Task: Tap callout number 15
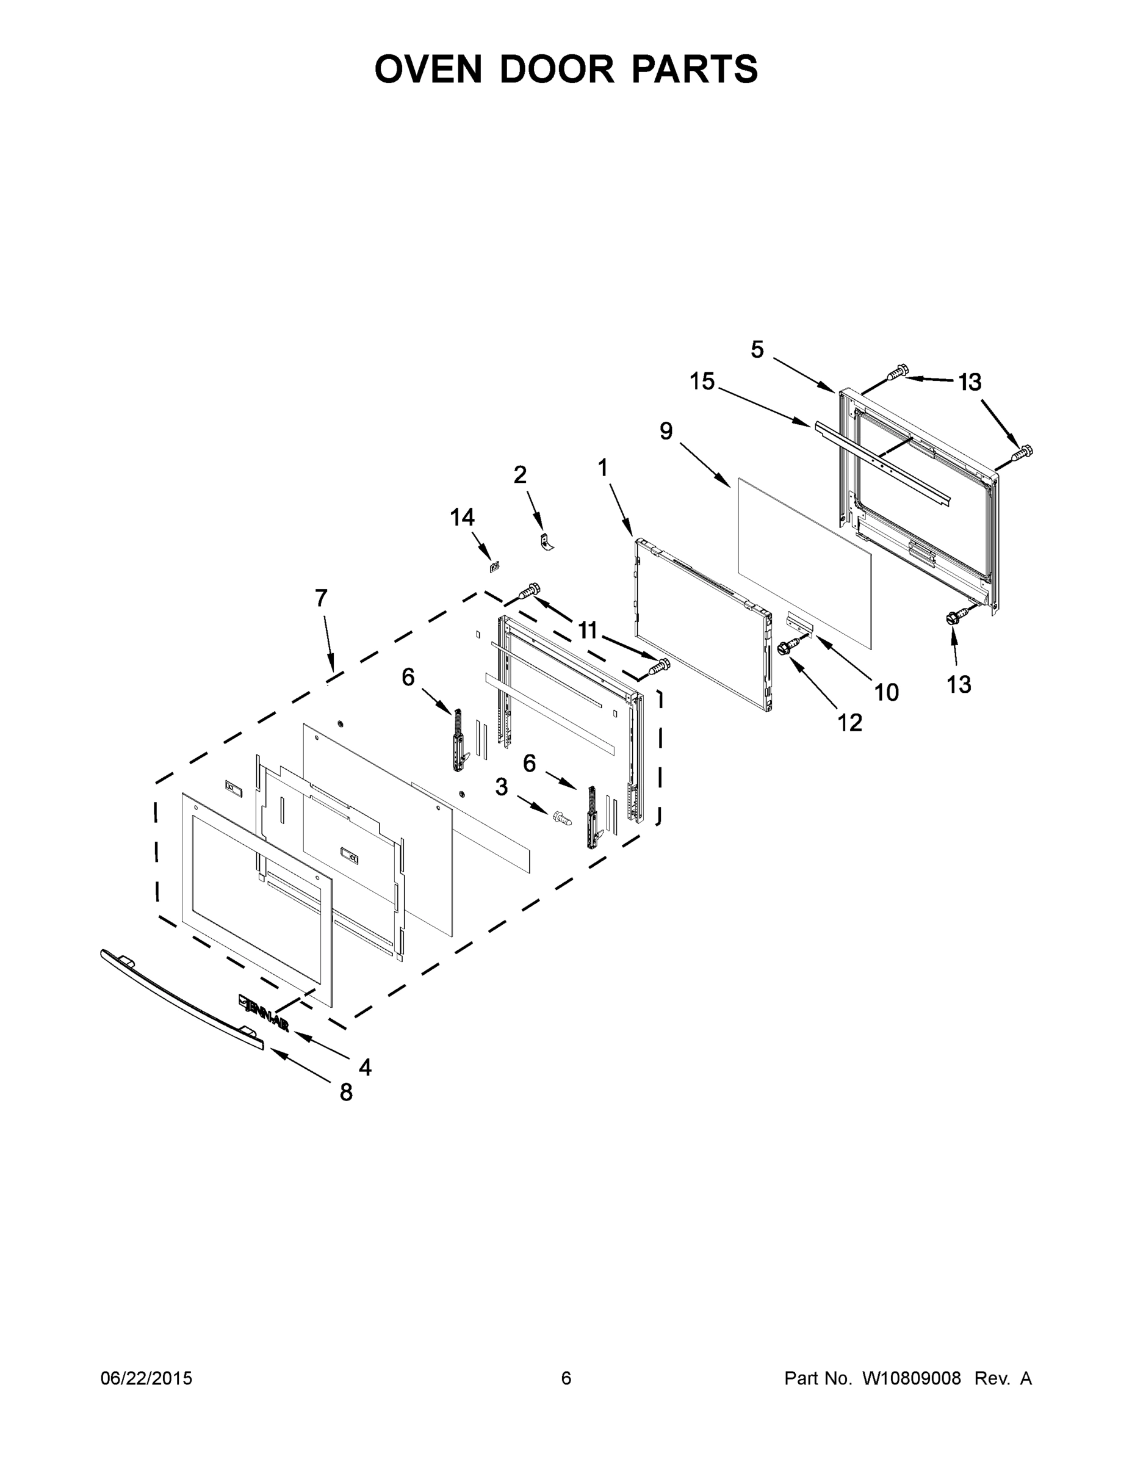(x=702, y=382)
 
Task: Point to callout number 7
(x=321, y=598)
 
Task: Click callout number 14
(x=462, y=517)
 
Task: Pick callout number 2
(x=520, y=475)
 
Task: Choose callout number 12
(x=849, y=723)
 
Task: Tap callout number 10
(x=887, y=692)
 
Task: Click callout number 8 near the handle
(x=346, y=1093)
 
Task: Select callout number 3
(x=502, y=787)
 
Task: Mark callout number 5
(x=757, y=350)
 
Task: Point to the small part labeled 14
(x=496, y=567)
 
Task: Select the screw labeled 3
(x=561, y=818)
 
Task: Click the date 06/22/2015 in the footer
(x=146, y=1378)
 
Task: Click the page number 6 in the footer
(x=566, y=1378)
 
